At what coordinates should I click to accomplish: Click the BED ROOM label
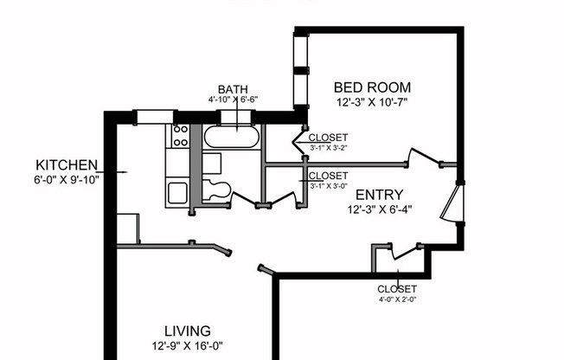372,87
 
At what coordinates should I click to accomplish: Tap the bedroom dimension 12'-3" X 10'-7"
371,102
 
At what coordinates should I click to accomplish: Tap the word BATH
233,89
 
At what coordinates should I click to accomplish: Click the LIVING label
188,331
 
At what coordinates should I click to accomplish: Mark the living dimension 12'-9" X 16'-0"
188,345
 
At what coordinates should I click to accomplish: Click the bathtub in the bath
230,137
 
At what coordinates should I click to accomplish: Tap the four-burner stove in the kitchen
181,135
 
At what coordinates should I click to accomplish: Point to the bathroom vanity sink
213,164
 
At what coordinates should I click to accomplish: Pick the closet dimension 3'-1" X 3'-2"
328,148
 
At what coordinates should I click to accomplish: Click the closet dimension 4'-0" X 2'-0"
397,300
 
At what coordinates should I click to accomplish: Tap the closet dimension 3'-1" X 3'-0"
328,185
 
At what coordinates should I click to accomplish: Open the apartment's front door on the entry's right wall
452,203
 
